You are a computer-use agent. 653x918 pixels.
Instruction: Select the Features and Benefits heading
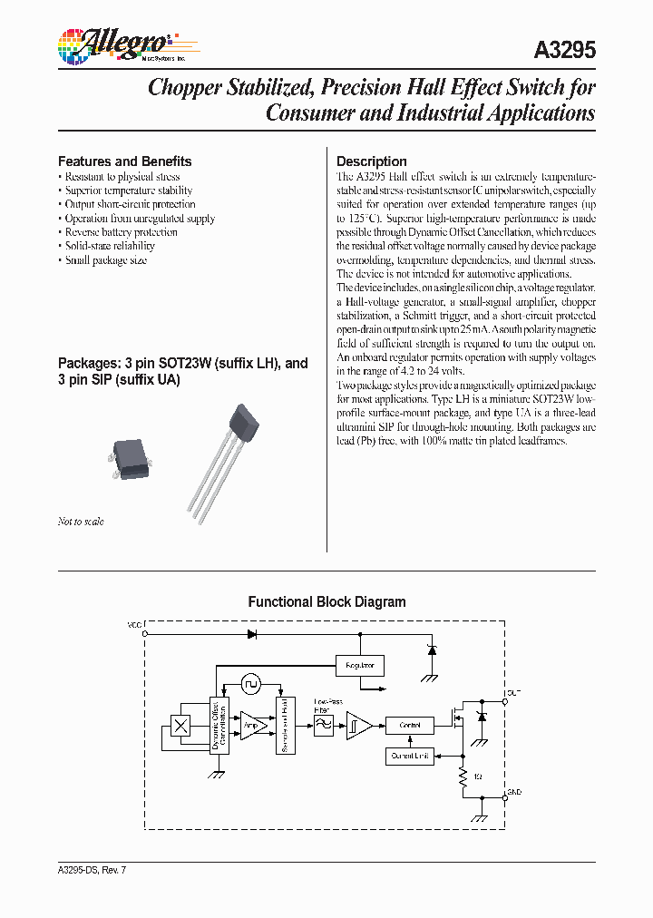(124, 161)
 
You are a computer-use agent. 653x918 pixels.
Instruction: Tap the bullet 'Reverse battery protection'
(121, 232)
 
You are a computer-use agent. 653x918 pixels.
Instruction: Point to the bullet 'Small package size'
(105, 260)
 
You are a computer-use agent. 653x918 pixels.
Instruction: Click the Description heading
(371, 161)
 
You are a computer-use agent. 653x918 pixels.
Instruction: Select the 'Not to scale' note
(81, 522)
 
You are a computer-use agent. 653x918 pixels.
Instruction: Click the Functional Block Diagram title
(326, 602)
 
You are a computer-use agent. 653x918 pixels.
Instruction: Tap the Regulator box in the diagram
(360, 665)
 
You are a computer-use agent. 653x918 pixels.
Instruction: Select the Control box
(410, 725)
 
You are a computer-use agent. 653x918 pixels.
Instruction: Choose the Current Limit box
(410, 755)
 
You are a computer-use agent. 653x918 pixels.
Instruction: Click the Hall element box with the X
(180, 725)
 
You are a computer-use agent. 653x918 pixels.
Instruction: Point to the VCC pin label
(134, 626)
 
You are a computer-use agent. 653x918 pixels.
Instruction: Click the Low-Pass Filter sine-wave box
(322, 725)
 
